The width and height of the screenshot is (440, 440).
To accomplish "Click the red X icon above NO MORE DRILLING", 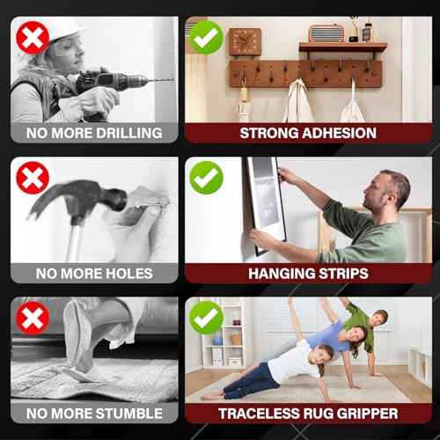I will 32,38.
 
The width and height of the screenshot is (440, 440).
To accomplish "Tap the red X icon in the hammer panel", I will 32,179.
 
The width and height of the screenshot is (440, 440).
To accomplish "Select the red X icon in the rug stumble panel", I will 32,318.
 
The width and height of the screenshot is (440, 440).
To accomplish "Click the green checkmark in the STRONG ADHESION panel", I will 206,38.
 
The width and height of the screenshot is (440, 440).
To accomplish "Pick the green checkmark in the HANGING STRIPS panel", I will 206,179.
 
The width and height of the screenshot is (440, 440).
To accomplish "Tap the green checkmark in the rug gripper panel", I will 206,318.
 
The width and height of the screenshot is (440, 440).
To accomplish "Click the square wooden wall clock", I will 245,41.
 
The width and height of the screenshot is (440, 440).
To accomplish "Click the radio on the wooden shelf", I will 326,33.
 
